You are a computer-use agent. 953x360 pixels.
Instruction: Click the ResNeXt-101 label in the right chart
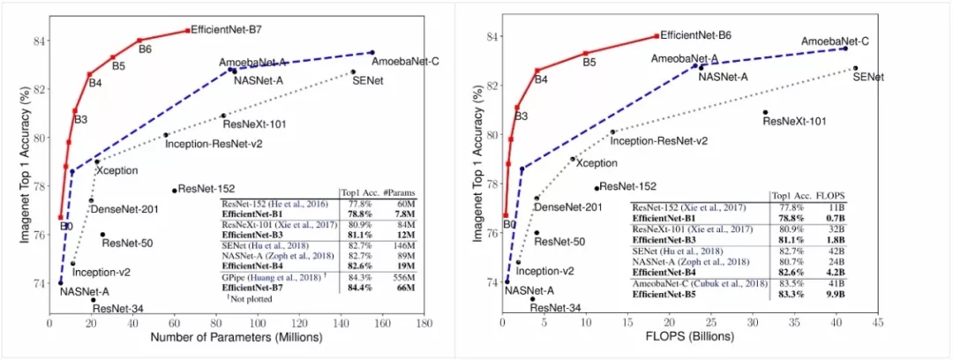click(x=794, y=121)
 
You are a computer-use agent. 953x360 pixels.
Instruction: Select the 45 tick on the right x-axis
click(x=877, y=324)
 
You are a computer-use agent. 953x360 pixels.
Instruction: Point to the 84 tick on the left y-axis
click(x=38, y=41)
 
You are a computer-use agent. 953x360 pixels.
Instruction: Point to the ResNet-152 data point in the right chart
click(x=597, y=188)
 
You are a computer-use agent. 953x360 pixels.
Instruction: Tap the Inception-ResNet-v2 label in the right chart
click(x=659, y=140)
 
